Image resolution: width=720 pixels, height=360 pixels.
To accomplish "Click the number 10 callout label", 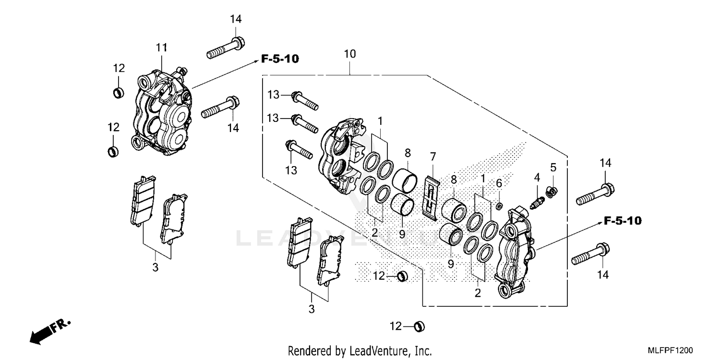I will (349, 54).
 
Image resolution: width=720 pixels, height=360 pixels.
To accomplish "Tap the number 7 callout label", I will (433, 156).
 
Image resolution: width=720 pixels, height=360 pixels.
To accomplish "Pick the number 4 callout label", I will (537, 177).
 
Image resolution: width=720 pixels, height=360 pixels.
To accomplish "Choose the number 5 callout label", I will (553, 168).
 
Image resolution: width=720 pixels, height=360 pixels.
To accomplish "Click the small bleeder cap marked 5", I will (553, 191).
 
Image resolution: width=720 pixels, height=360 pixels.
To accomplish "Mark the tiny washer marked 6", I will (499, 206).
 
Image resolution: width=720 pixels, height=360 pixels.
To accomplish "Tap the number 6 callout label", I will (499, 183).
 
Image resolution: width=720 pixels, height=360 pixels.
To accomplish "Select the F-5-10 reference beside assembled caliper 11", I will (280, 59).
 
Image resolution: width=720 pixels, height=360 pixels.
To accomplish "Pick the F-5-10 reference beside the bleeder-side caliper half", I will (623, 221).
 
